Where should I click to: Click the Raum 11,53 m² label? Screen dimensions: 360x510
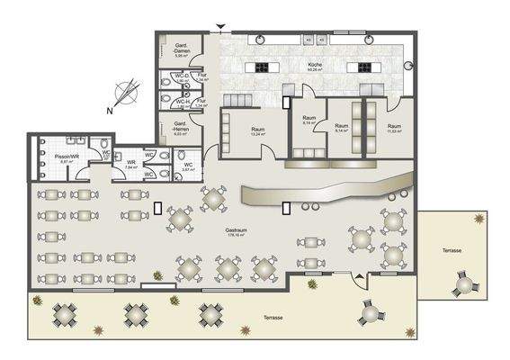[394, 128]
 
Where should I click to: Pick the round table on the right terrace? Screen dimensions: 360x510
[464, 286]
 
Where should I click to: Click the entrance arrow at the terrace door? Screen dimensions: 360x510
[361, 278]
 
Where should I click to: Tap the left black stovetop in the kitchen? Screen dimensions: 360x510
[264, 67]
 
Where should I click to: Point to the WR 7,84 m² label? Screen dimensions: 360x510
[130, 164]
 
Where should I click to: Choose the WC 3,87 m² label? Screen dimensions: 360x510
[187, 166]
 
